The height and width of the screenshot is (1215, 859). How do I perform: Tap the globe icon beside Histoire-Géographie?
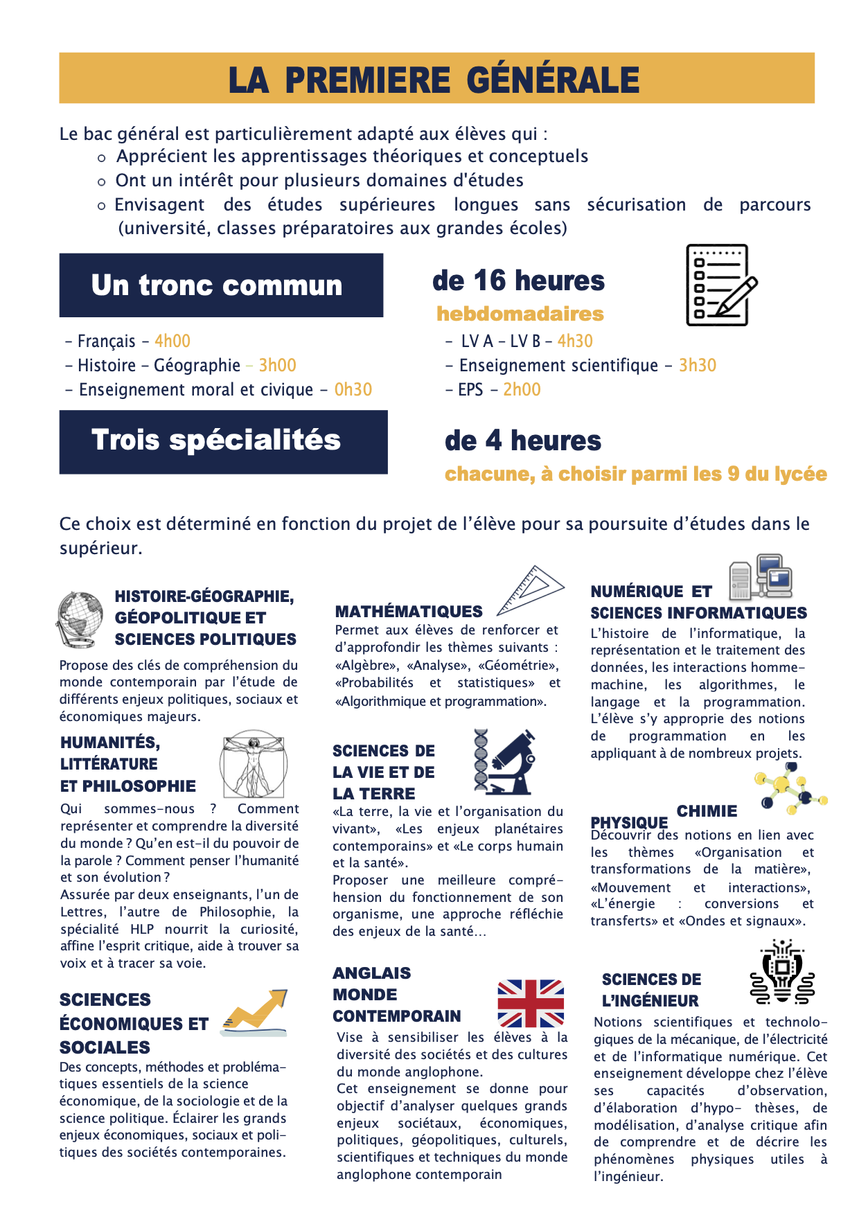pyautogui.click(x=80, y=619)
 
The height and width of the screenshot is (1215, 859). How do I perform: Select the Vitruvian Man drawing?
pyautogui.click(x=254, y=764)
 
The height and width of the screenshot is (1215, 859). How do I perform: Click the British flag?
pyautogui.click(x=531, y=1003)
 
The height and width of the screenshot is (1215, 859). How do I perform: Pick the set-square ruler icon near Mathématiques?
pyautogui.click(x=531, y=591)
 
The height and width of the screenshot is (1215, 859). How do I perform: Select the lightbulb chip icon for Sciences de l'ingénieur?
pyautogui.click(x=782, y=972)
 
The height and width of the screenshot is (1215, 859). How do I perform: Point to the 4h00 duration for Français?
pyautogui.click(x=172, y=342)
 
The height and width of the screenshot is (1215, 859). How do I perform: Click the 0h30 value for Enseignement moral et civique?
pyautogui.click(x=353, y=390)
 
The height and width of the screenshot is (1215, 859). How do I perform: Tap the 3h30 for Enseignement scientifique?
pyautogui.click(x=697, y=366)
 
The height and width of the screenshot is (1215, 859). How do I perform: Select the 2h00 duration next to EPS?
pyautogui.click(x=522, y=390)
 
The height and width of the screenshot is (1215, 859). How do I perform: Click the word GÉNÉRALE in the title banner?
pyautogui.click(x=553, y=80)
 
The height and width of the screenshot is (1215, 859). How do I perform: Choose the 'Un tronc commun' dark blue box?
pyautogui.click(x=221, y=285)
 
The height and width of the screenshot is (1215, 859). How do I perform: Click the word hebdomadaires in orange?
pyautogui.click(x=520, y=314)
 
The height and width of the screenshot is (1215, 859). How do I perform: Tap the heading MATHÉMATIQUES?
pyautogui.click(x=409, y=612)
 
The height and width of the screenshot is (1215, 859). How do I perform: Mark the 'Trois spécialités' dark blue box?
pyautogui.click(x=223, y=442)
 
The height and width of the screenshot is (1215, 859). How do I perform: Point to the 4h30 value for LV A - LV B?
pyautogui.click(x=575, y=342)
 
